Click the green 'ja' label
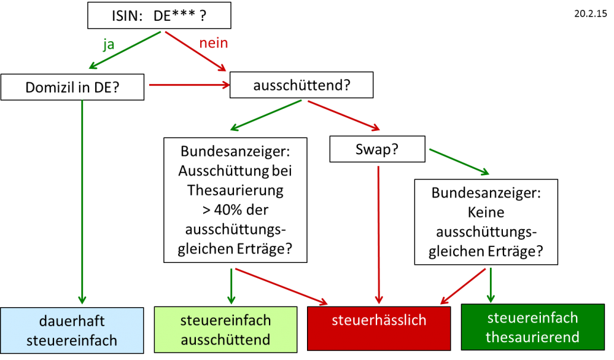click(108, 45)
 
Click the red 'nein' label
click(214, 43)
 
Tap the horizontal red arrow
click(188, 84)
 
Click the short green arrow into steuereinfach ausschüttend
click(231, 286)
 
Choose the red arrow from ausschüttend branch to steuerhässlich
click(281, 286)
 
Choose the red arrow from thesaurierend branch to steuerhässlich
click(464, 286)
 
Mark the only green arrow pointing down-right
click(459, 162)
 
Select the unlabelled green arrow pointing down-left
click(266, 115)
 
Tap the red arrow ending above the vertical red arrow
click(343, 115)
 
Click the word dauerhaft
click(72, 321)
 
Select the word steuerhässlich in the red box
click(379, 320)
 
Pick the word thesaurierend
click(532, 337)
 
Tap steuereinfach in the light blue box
click(72, 340)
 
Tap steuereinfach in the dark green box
click(532, 318)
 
